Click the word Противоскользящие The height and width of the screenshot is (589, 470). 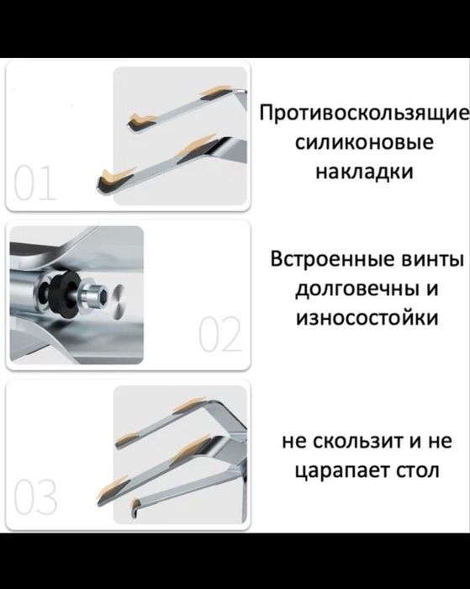coord(362,114)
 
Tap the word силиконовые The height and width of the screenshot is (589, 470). coord(364,143)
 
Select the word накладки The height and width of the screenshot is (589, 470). coord(364,172)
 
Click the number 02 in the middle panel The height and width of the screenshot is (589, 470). coord(220,337)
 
